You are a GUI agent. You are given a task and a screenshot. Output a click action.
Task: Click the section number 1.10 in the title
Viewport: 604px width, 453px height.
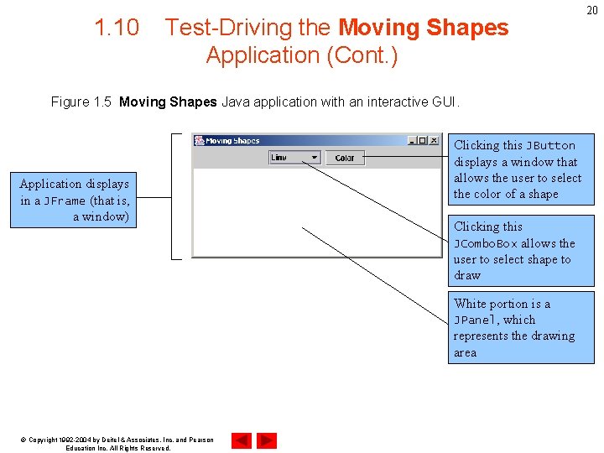117,28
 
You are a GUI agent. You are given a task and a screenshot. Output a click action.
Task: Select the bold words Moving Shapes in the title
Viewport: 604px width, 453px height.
423,28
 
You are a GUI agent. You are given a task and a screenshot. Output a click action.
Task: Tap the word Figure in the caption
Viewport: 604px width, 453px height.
70,102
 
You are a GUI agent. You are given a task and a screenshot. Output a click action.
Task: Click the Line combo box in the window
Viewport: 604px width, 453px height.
294,157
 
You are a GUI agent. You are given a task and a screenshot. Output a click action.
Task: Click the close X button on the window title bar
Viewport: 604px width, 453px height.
434,140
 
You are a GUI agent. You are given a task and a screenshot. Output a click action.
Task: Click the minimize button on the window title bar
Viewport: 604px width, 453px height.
412,140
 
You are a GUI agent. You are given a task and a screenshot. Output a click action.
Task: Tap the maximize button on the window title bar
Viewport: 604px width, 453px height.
423,140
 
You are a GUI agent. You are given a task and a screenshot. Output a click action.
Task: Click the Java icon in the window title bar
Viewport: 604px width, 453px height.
199,141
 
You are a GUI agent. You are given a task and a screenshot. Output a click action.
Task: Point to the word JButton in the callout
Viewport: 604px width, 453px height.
550,145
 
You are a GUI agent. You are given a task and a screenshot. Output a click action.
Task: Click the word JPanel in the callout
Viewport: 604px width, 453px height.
476,320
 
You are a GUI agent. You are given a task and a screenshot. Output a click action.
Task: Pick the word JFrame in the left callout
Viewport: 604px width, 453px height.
65,200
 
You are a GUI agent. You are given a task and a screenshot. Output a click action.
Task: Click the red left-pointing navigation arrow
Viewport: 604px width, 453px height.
242,440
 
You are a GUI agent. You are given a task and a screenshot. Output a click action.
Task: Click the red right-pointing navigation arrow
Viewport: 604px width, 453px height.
267,440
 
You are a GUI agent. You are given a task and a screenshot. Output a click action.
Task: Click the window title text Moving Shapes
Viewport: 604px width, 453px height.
232,141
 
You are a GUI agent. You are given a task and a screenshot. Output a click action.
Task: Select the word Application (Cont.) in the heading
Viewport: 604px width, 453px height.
302,55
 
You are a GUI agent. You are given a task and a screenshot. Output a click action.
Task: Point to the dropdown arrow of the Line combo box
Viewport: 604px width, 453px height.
314,157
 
